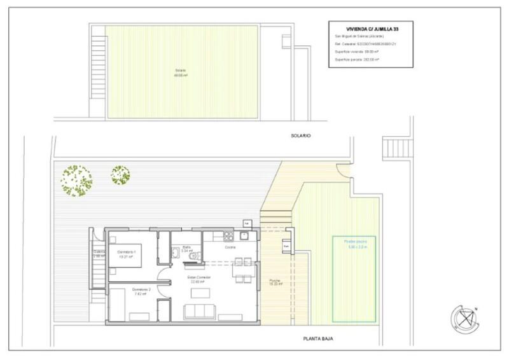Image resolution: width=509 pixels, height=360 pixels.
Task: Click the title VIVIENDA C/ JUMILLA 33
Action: [372, 28]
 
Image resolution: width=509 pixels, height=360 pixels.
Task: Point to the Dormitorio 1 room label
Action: [129, 253]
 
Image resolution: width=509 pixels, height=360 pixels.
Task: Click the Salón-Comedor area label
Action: [199, 279]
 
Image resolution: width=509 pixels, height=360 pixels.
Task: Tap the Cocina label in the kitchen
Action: [230, 247]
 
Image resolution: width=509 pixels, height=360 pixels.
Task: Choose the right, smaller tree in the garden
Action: [120, 173]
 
